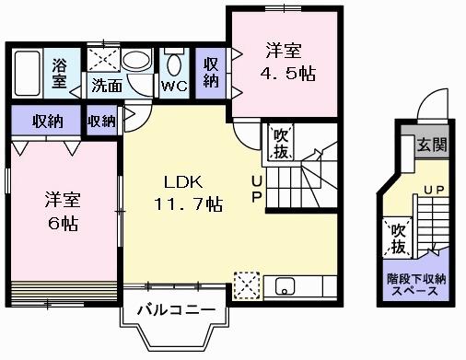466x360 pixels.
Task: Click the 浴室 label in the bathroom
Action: [x=59, y=73]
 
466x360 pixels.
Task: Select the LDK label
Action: [x=184, y=180]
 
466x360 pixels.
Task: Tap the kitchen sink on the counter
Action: [x=284, y=285]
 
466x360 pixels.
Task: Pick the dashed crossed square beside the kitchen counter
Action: [x=246, y=285]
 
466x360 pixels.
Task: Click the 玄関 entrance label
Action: [x=430, y=145]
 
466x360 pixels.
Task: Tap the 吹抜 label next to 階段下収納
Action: [x=398, y=238]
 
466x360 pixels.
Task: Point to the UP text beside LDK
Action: [x=256, y=189]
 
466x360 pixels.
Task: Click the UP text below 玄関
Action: [x=434, y=191]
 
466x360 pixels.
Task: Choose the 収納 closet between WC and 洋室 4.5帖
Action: [x=212, y=70]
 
